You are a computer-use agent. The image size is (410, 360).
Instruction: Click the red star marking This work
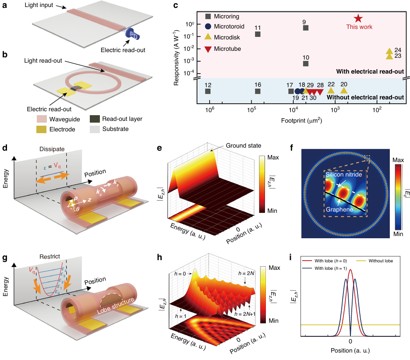358,18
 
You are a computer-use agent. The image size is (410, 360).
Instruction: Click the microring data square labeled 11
258,34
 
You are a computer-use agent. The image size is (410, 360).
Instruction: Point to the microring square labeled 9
306,28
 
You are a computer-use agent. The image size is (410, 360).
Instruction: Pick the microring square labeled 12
208,91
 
